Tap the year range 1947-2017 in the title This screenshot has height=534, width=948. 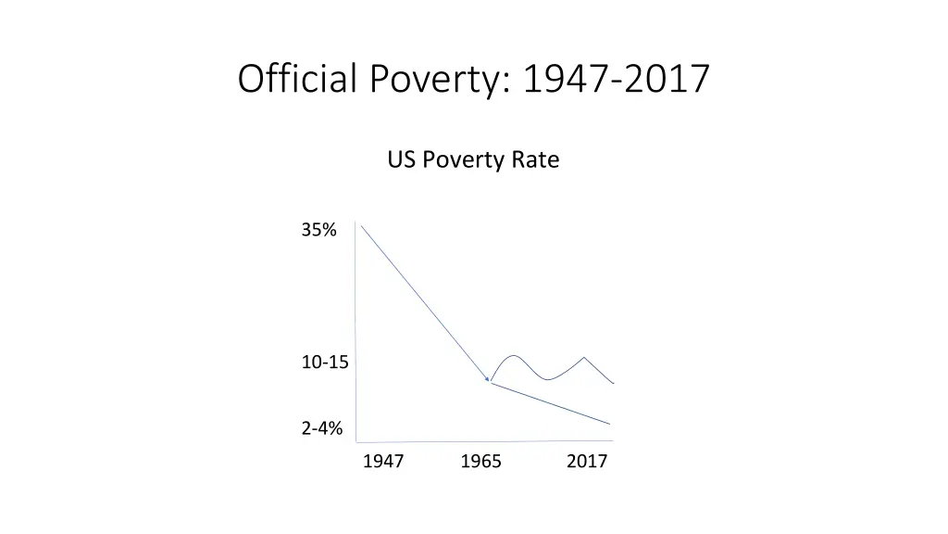(x=616, y=79)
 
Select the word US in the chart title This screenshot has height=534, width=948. (x=401, y=159)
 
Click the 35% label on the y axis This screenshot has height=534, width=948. (x=318, y=231)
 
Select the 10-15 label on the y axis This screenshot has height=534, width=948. (x=325, y=362)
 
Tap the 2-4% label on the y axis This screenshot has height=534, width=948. (x=321, y=428)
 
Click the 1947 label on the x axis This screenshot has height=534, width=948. (x=382, y=462)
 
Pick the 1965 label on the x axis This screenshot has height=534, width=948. (x=480, y=462)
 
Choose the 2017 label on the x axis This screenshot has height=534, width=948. (x=587, y=462)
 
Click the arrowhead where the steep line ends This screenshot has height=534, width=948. (x=488, y=379)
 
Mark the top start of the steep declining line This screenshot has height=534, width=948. (x=361, y=225)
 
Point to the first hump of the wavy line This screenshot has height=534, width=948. (x=513, y=355)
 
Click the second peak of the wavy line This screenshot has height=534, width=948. (x=584, y=357)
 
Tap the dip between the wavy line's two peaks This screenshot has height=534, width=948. (x=547, y=379)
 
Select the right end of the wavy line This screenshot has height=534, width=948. (x=614, y=383)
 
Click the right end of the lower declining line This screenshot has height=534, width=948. (x=610, y=424)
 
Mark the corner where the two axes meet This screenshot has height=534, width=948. (x=356, y=441)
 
